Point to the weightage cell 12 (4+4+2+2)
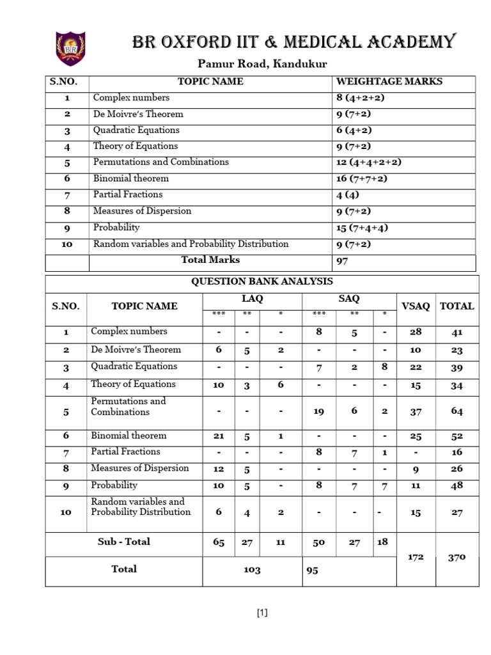coord(370,162)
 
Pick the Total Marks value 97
coord(343,261)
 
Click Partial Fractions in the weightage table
coord(128,194)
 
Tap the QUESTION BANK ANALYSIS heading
coord(261,282)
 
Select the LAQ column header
coord(252,299)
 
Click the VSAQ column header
coord(416,306)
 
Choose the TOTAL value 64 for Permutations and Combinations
coord(456,411)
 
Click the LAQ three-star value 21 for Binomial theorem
coord(219,436)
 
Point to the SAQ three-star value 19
coord(319,411)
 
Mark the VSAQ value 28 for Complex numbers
coord(416,333)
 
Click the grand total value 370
coord(456,557)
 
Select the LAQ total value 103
coord(252,571)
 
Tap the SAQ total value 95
coord(313,571)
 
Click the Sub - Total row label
coord(124,542)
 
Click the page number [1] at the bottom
coord(262,613)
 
